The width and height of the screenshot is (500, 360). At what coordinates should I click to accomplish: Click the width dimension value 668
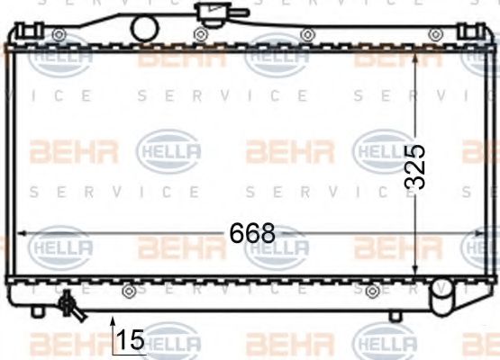click(x=251, y=233)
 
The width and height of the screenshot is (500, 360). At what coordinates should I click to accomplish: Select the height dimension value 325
click(x=414, y=166)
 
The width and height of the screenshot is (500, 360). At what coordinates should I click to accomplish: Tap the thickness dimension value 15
click(x=131, y=340)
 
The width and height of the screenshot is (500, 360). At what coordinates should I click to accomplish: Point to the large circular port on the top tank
click(x=145, y=28)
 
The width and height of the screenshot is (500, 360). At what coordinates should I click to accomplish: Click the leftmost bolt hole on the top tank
click(x=59, y=35)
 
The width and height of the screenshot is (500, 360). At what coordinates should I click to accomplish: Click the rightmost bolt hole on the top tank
click(x=436, y=35)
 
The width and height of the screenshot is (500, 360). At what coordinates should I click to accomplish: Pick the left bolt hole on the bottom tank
click(x=129, y=292)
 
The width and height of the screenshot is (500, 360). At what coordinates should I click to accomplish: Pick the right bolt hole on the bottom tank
click(x=372, y=292)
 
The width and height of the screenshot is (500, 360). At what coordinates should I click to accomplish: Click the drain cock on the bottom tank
click(x=69, y=307)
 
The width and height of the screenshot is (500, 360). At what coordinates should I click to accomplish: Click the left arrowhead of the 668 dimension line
click(x=19, y=233)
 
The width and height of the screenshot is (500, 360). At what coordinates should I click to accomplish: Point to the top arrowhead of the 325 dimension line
click(x=414, y=57)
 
